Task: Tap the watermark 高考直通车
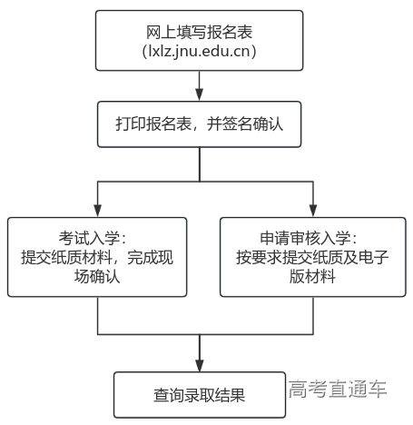(339, 390)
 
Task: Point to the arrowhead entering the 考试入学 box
(97, 211)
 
